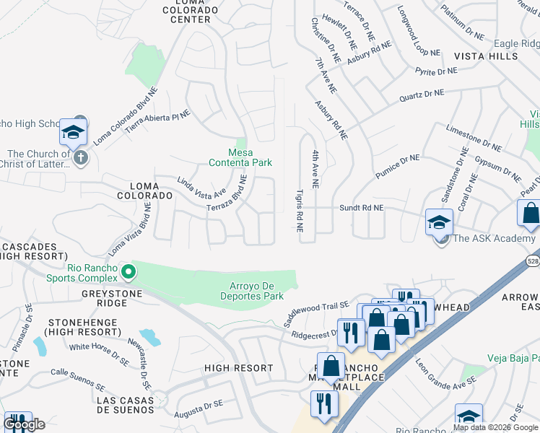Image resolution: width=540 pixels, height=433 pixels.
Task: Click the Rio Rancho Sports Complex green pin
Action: pyautogui.click(x=129, y=272)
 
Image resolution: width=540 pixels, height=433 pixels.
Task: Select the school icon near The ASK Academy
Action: pyautogui.click(x=439, y=222)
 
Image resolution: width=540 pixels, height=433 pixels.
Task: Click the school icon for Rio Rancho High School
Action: pyautogui.click(x=73, y=132)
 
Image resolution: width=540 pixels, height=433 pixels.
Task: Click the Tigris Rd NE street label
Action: pyautogui.click(x=299, y=211)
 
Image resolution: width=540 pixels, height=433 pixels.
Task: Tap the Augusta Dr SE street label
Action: pyautogui.click(x=199, y=411)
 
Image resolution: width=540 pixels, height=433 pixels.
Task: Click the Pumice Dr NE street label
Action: pyautogui.click(x=396, y=167)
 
